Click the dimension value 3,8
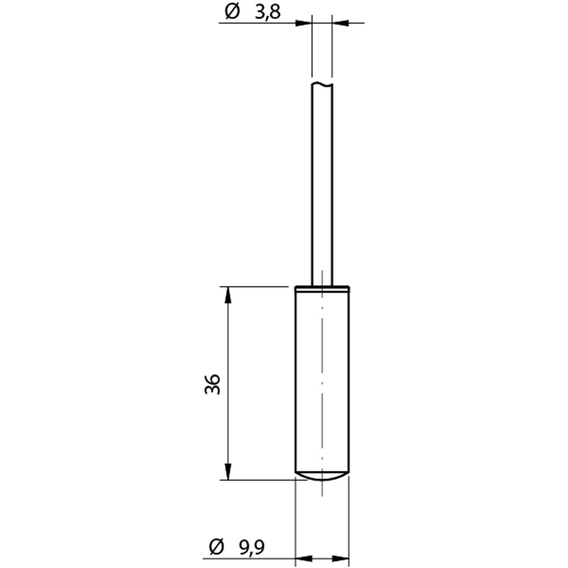(268, 13)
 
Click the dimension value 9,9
(252, 547)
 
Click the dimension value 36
(212, 384)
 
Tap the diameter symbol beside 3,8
(232, 11)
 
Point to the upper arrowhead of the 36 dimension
(228, 295)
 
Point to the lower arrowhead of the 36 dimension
(228, 471)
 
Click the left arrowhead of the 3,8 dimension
(304, 23)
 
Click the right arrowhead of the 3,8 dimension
(341, 23)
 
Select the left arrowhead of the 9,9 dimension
(304, 558)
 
